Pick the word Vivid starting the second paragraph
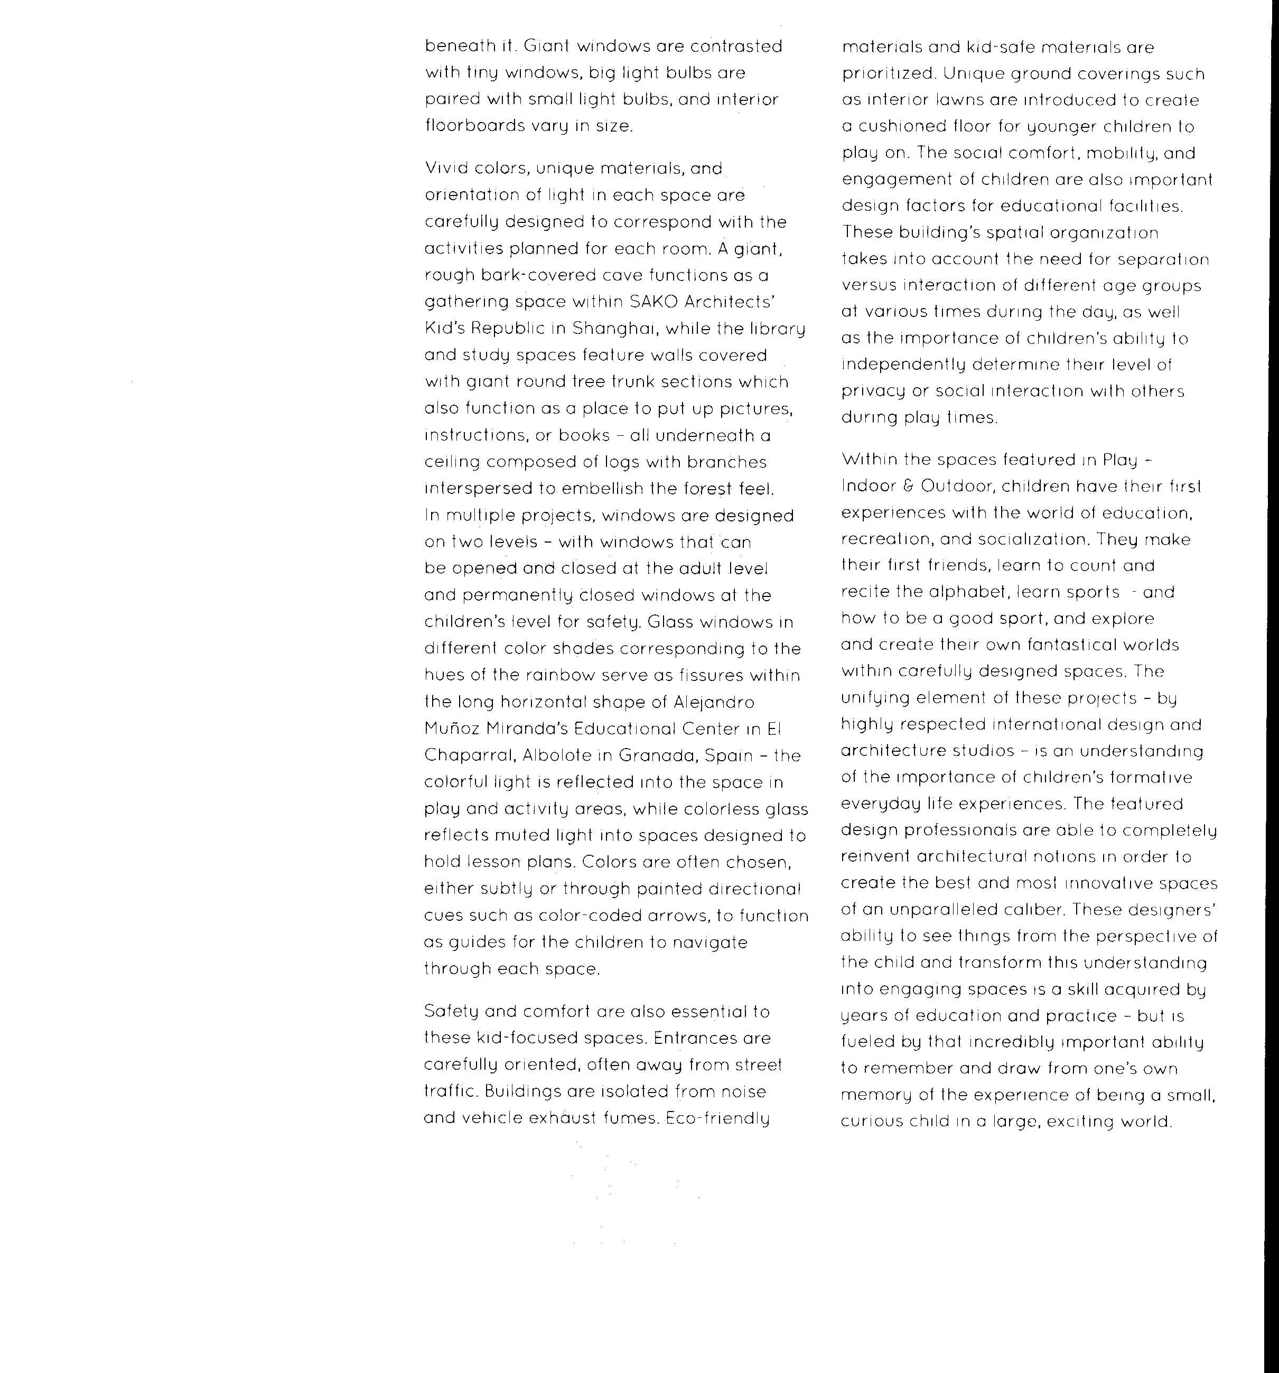point(445,169)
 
